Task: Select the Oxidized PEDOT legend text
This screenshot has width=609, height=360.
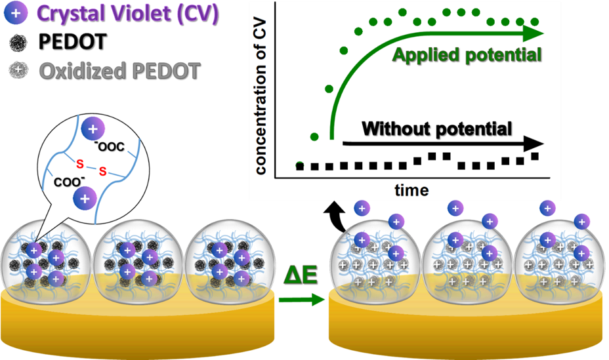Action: pyautogui.click(x=119, y=70)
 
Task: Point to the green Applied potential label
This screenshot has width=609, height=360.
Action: pyautogui.click(x=467, y=54)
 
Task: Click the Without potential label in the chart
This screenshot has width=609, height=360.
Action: pyautogui.click(x=436, y=128)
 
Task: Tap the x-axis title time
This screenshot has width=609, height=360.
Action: pyautogui.click(x=411, y=190)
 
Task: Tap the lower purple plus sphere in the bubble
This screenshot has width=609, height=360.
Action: pyautogui.click(x=85, y=197)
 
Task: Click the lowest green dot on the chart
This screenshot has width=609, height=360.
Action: pyautogui.click(x=300, y=165)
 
